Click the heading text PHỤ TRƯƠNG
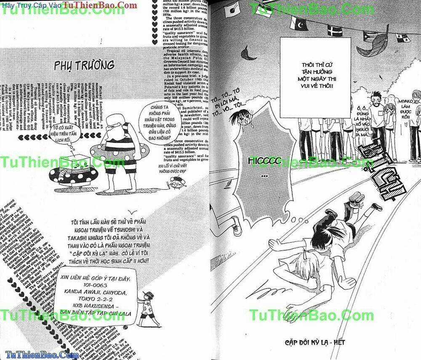85,65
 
